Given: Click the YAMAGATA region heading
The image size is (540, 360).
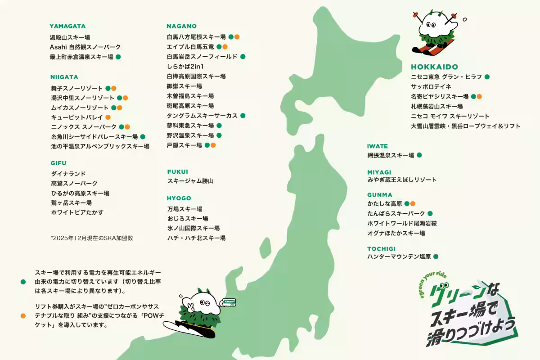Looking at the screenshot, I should point(67,26).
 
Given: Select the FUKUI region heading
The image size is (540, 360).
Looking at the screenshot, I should point(177,171).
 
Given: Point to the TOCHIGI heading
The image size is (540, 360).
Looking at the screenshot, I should point(381,248).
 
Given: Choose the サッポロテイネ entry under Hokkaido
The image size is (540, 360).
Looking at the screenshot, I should point(431,86).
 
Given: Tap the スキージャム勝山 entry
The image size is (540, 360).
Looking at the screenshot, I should point(190,181).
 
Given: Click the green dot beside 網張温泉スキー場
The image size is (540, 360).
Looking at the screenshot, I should point(419,155).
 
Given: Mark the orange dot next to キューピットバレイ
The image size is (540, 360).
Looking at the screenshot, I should point(108,117).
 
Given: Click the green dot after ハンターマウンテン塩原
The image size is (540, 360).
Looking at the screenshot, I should point(436,257).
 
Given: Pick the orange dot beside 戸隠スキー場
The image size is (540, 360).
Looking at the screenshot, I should point(213,145).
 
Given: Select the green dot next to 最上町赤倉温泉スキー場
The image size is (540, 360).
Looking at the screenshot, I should point(118,57).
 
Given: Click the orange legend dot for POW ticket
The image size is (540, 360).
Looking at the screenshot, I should point(23,315).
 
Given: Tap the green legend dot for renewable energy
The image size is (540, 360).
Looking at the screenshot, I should point(23,282).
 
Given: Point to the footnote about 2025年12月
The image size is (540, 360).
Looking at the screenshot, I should point(92,238).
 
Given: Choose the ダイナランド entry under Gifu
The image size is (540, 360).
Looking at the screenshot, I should point(68,174).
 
